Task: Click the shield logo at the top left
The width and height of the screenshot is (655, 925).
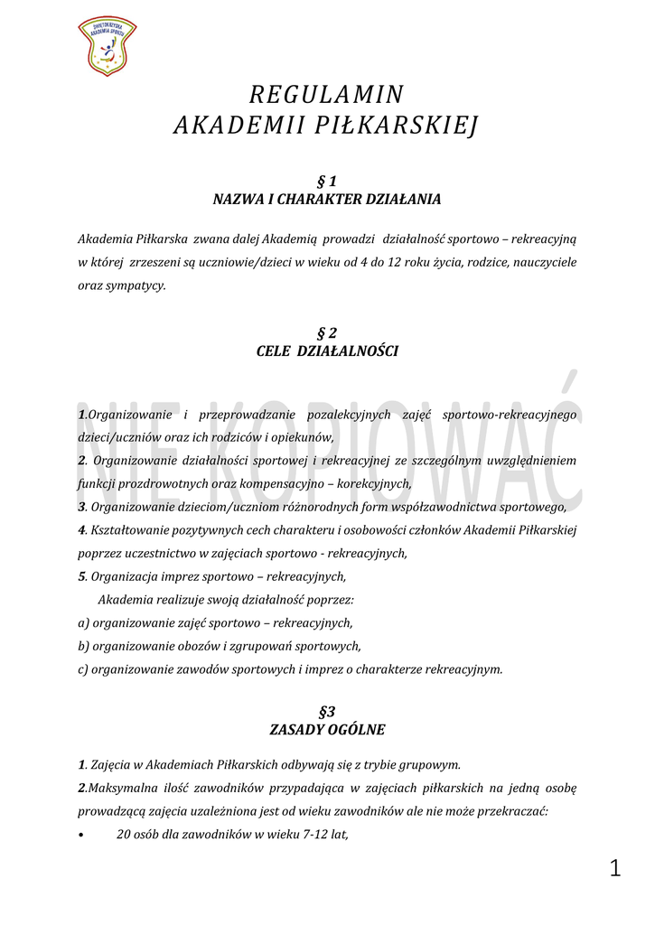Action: click(108, 45)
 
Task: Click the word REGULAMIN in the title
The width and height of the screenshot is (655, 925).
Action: click(326, 95)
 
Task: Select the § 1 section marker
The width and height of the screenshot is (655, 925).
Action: click(326, 182)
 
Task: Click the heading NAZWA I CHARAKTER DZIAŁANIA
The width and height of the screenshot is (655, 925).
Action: click(326, 200)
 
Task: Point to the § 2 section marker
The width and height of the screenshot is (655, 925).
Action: click(326, 332)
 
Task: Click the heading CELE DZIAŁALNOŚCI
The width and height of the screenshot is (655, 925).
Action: click(326, 350)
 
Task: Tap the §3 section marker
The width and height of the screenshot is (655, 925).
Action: click(327, 711)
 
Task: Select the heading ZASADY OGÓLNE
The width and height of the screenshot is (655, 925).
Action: click(326, 729)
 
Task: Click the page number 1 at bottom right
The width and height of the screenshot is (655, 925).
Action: click(615, 869)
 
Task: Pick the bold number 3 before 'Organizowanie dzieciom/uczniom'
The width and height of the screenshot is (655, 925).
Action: click(82, 507)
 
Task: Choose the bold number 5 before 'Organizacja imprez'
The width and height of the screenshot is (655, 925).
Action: click(82, 576)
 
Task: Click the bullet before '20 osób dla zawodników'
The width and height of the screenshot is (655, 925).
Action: click(82, 836)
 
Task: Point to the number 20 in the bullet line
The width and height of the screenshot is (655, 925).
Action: click(125, 835)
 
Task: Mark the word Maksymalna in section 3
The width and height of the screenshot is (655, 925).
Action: click(117, 788)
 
